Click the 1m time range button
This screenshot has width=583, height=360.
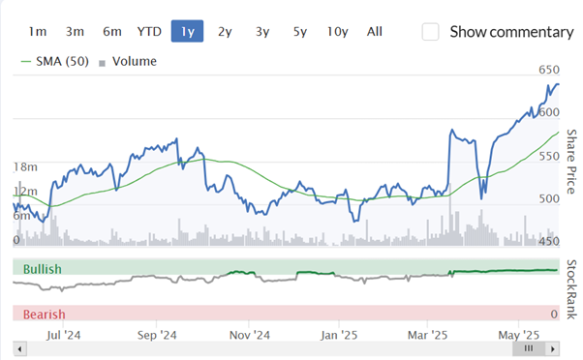(x=38, y=32)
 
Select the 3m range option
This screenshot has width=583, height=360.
(x=75, y=32)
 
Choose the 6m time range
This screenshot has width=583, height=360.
(x=112, y=32)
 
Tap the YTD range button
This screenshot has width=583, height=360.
(x=149, y=32)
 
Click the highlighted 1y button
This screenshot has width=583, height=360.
(x=187, y=31)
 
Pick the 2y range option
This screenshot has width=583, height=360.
(x=225, y=32)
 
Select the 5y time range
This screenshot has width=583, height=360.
(x=300, y=32)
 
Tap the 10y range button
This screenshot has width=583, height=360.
(x=338, y=32)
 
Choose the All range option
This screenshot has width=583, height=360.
(x=375, y=32)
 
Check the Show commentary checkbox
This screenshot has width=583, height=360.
(x=430, y=32)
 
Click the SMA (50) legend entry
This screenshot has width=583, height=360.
(x=55, y=61)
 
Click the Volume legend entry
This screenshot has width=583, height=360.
(x=128, y=61)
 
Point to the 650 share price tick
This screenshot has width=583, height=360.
(x=549, y=70)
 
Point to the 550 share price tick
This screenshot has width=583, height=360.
(x=549, y=156)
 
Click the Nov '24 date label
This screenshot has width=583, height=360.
(x=250, y=335)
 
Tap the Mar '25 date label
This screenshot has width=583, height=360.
(x=427, y=335)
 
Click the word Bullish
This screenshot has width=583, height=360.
(x=43, y=269)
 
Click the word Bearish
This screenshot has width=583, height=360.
(x=45, y=315)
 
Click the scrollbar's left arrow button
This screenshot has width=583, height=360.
(x=19, y=348)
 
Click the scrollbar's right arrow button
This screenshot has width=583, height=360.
(x=553, y=348)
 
